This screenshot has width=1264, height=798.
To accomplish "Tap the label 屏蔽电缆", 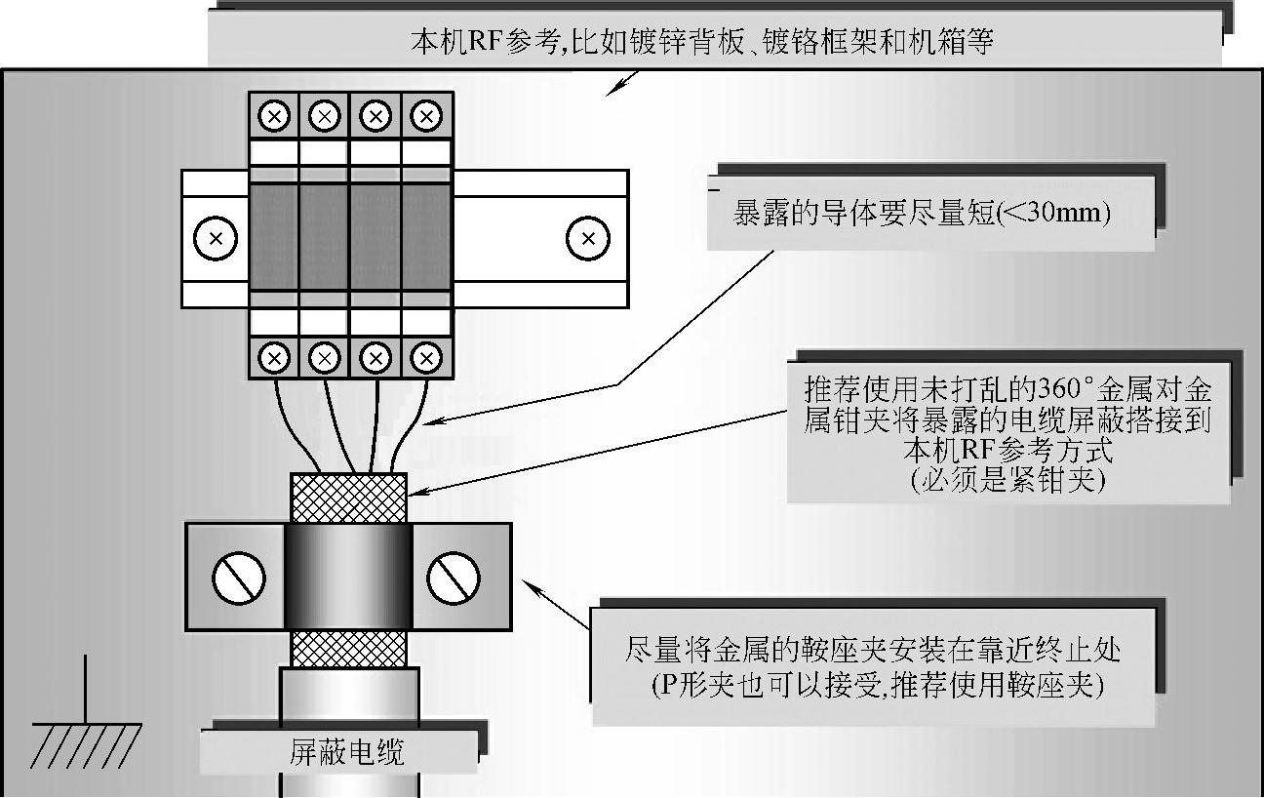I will [x=346, y=752].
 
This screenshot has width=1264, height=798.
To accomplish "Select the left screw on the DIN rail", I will [x=216, y=238].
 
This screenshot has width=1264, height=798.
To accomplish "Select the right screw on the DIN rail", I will [x=587, y=238].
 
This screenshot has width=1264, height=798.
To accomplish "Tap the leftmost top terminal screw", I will [x=274, y=116].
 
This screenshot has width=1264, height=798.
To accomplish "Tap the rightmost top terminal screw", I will [x=426, y=116].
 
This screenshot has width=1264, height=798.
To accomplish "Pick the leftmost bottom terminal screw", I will [x=275, y=357].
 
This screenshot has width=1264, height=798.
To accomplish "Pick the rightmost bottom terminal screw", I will [x=426, y=357].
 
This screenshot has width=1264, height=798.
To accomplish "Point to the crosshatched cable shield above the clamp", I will [x=348, y=498].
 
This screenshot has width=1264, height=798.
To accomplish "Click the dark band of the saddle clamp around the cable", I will [x=348, y=577].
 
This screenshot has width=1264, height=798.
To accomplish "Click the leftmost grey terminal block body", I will [x=274, y=237].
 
